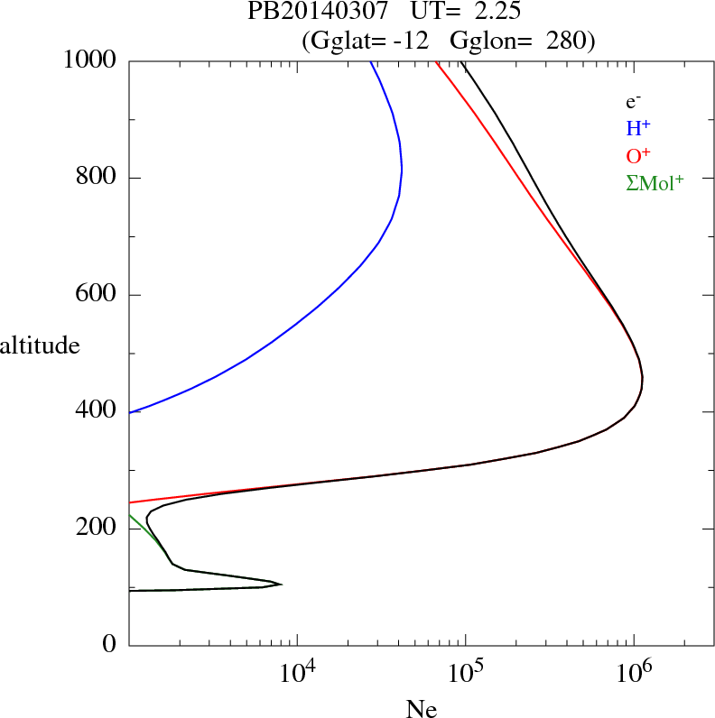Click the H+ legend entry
(638, 128)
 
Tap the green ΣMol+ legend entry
(655, 182)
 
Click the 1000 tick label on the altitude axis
(90, 60)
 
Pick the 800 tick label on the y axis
(97, 178)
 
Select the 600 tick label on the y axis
(97, 295)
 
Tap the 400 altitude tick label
(97, 411)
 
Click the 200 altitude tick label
(97, 529)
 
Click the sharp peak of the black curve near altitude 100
(282, 585)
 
